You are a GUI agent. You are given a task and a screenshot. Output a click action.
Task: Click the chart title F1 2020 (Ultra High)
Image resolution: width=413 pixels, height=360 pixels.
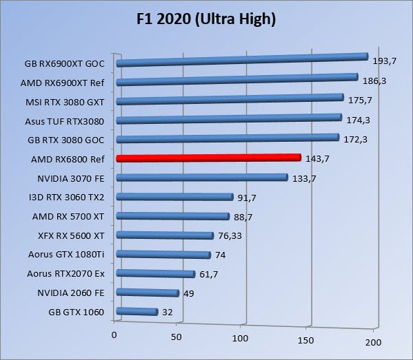[206, 19]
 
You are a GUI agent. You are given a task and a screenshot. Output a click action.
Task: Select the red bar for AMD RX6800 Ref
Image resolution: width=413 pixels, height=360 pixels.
[209, 158]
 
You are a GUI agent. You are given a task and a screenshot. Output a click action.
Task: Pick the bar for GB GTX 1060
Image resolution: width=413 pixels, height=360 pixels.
[138, 312]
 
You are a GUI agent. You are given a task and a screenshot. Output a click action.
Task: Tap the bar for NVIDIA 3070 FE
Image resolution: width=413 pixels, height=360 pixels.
[202, 178]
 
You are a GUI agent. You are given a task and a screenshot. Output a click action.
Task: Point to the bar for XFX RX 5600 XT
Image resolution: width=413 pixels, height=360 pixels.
[165, 235]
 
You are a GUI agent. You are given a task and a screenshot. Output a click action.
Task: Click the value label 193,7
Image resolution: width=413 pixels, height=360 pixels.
[384, 61]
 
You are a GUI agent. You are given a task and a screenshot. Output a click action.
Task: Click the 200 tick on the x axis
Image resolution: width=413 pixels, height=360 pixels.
[372, 342]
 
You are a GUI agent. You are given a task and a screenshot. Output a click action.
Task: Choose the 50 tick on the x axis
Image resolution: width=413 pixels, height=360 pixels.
[176, 338]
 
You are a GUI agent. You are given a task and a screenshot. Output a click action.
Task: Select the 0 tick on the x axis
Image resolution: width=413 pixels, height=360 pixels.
[114, 335]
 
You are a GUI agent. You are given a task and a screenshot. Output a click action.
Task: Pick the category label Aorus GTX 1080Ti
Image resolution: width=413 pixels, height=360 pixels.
[66, 254]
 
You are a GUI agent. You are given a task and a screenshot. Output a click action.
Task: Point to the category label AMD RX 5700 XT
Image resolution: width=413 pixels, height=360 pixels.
[67, 216]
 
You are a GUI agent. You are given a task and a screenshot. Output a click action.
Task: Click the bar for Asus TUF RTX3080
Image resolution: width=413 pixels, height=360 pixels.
[229, 119]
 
